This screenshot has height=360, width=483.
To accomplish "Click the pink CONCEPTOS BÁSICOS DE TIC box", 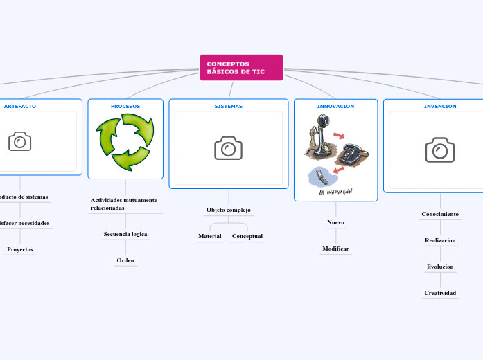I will point(241,67).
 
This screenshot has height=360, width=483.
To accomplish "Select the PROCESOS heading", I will point(125,106).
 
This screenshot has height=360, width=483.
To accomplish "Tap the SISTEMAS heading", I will point(228,106).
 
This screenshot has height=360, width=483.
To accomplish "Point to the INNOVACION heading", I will point(335,106).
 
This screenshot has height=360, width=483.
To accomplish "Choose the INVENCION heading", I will point(440,106).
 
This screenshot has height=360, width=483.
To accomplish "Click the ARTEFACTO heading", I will point(20,106).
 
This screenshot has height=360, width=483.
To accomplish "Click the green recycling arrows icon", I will point(125,142).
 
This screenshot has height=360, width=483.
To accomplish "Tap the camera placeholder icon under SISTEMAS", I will point(228,148).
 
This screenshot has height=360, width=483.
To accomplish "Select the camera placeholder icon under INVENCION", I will point(440,150).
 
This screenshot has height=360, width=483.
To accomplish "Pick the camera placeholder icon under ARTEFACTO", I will point(20,142).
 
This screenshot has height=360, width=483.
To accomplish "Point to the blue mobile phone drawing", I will point(320,176).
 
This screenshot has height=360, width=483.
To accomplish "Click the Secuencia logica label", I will point(125,234).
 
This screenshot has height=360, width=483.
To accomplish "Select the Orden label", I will point(125,260).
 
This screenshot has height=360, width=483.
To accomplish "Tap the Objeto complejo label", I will point(229,210).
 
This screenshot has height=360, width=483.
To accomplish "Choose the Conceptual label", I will point(247,236).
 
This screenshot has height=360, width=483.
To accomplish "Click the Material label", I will point(210,236).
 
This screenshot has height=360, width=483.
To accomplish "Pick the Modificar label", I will point(335,248).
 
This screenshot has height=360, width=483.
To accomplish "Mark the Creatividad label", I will point(440,293).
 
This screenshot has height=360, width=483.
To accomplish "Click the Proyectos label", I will point(20,249).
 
